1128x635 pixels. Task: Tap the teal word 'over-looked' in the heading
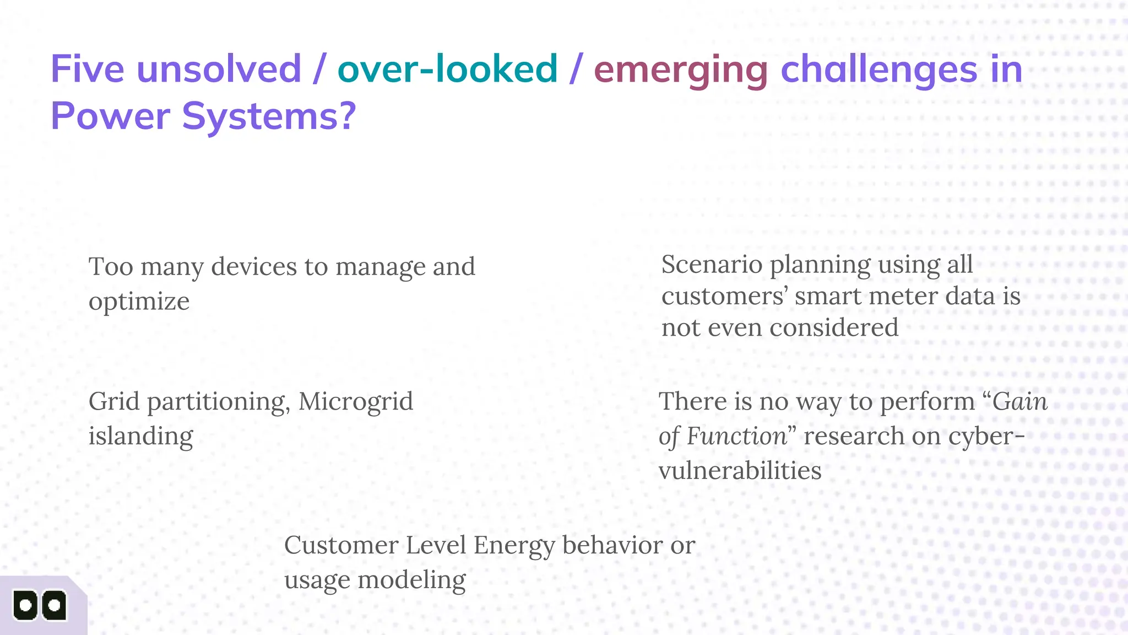tap(447, 69)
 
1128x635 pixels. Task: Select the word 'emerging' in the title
tap(680, 71)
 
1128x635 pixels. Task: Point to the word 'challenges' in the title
tap(878, 71)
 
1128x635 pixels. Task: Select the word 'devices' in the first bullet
tap(254, 267)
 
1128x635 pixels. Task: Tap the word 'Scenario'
tap(712, 265)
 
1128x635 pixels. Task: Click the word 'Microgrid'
tap(355, 401)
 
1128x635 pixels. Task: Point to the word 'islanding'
tap(140, 436)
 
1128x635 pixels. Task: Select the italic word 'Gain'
tap(1019, 401)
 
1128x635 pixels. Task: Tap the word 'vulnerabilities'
tap(740, 471)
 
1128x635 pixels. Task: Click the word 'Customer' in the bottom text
tap(341, 545)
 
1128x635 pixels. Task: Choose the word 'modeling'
tap(411, 580)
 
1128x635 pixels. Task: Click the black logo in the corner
tap(40, 606)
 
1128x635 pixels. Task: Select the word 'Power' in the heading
tap(110, 116)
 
